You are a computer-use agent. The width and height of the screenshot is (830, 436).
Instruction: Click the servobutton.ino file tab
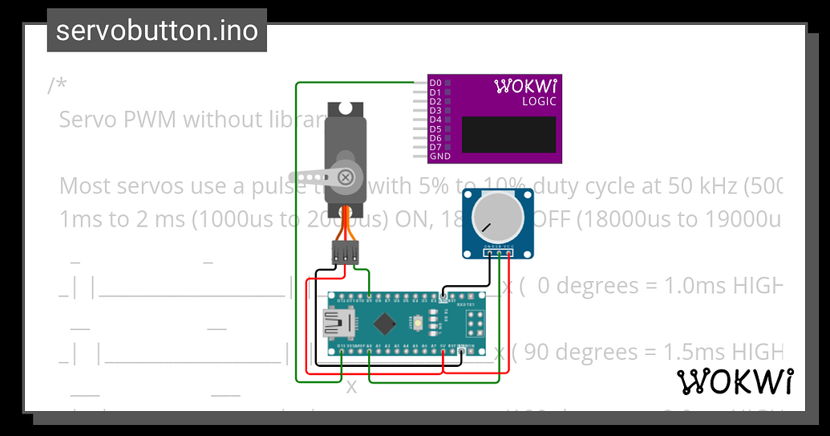click(x=156, y=31)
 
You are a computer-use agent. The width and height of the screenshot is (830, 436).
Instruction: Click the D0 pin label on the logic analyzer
click(x=435, y=83)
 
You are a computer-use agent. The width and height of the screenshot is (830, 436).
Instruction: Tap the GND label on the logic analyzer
click(x=439, y=157)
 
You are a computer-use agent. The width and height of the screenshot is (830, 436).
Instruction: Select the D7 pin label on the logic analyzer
click(x=435, y=147)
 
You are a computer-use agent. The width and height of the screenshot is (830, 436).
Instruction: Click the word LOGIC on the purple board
click(x=539, y=101)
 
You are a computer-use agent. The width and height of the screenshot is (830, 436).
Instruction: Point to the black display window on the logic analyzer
click(x=508, y=134)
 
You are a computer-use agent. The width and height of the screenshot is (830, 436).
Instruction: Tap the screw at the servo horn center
click(x=346, y=177)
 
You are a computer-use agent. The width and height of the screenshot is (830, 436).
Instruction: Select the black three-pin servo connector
click(x=346, y=254)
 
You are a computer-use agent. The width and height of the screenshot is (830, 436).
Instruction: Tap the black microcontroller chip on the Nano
click(x=386, y=323)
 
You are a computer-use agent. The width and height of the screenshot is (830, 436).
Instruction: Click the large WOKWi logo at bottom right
click(x=736, y=382)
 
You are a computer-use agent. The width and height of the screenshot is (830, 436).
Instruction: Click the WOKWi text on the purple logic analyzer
click(x=526, y=85)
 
